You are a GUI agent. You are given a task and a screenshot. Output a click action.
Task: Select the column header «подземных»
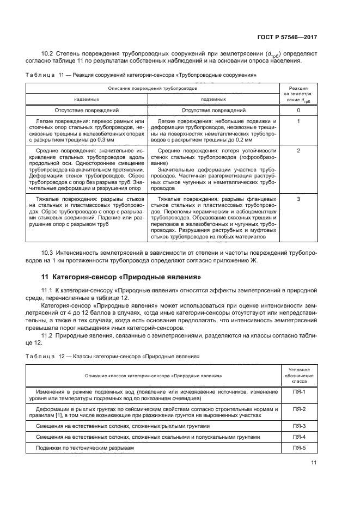tap(213, 100)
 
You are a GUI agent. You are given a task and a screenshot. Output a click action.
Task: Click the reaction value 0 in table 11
tap(298, 110)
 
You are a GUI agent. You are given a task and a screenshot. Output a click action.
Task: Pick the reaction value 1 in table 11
tap(298, 121)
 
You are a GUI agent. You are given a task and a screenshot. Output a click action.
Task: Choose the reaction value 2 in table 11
tap(298, 150)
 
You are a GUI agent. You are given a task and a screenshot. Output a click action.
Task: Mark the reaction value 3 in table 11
tap(298, 199)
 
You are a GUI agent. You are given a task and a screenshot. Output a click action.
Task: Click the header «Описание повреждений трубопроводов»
tap(152, 88)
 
